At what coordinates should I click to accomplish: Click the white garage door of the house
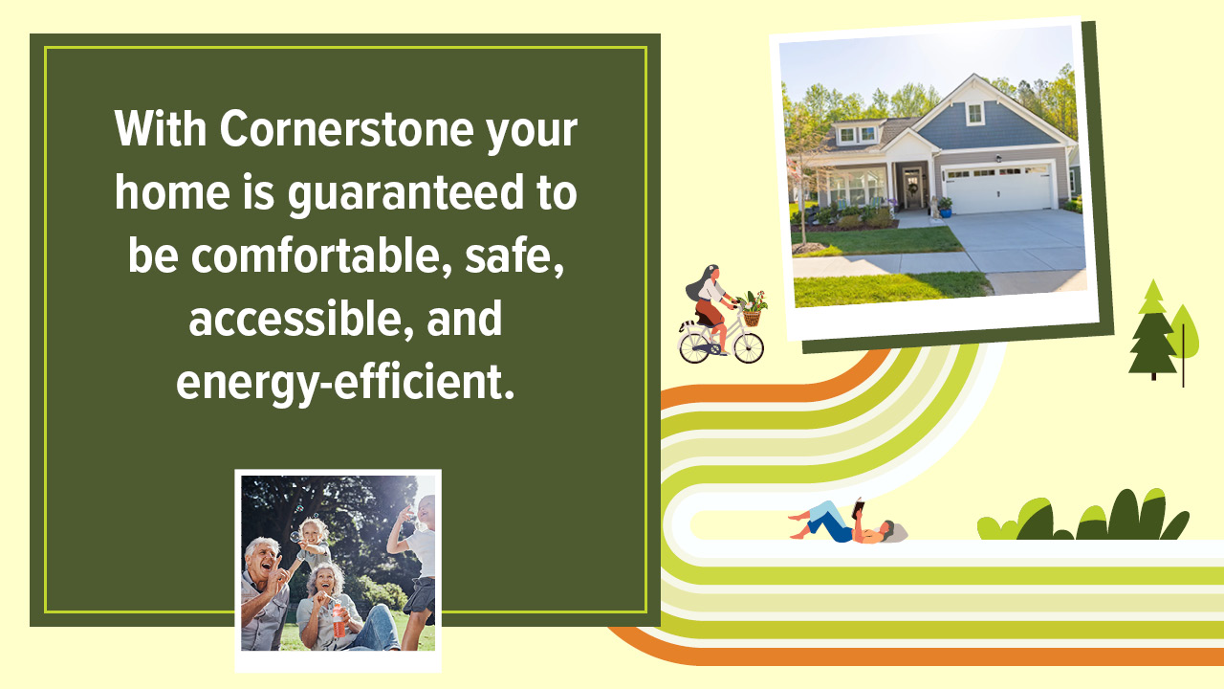[996, 189]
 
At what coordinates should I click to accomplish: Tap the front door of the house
[911, 188]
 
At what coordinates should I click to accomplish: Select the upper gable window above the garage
[973, 114]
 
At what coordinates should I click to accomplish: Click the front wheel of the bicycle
[748, 347]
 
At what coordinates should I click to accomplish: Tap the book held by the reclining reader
[858, 507]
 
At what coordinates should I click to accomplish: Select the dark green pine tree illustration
[1151, 330]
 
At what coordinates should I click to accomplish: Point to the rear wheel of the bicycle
[695, 346]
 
